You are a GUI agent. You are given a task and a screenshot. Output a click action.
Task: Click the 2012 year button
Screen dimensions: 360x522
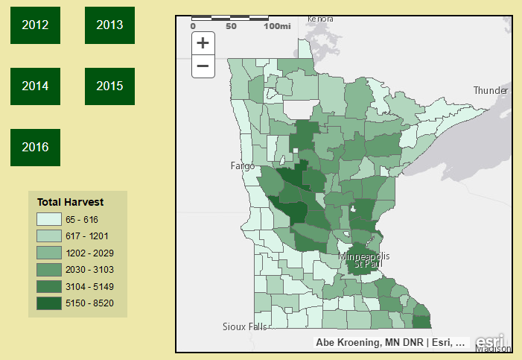pos(35,25)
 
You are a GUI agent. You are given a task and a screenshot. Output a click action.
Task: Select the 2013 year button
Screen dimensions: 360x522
pos(109,25)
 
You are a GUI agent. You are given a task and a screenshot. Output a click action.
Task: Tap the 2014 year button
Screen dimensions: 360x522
pos(35,86)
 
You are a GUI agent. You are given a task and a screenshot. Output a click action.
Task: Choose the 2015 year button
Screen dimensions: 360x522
pos(109,86)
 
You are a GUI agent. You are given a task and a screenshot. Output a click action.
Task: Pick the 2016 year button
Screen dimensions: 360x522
pos(35,148)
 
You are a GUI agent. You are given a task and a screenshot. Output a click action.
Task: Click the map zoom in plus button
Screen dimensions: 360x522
pos(203,43)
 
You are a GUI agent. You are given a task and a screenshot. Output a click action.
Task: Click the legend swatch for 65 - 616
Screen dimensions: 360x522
pos(48,219)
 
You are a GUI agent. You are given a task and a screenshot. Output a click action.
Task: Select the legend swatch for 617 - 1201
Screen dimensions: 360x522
pos(48,236)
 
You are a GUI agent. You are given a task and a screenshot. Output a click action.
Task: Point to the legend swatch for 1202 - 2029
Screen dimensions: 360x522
pos(48,253)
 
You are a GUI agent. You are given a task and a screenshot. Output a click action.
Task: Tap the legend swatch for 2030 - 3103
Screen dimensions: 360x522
pos(48,269)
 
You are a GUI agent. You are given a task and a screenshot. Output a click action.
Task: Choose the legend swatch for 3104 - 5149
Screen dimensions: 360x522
pos(48,286)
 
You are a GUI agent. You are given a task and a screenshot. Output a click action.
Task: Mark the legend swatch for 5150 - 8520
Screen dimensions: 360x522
pos(48,303)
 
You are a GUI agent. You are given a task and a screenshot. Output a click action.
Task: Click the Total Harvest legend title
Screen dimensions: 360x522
pos(70,202)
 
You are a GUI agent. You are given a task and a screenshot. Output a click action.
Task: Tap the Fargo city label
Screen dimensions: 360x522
pos(242,165)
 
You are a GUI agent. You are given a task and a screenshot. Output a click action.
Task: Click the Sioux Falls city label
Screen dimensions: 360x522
pos(244,326)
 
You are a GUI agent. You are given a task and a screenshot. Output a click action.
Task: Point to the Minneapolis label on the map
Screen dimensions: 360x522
pos(364,256)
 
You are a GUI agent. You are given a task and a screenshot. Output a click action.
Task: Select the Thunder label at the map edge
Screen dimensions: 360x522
pos(491,90)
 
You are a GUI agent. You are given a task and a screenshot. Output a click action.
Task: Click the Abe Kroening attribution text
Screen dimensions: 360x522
pos(347,343)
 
